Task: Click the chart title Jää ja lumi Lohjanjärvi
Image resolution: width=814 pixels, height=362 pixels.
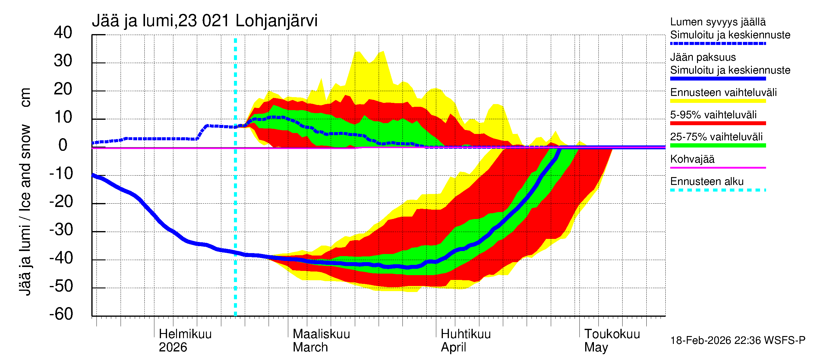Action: (204, 21)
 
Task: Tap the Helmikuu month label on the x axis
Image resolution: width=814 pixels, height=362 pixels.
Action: (185, 334)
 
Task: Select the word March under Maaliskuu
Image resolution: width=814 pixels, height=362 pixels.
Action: (310, 347)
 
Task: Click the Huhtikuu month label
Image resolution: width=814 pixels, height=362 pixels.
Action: (465, 334)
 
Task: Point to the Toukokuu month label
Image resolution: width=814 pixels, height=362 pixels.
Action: (612, 334)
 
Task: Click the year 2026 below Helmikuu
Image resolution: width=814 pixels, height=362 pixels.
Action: (173, 347)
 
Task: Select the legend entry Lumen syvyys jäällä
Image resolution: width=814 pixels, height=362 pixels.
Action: (718, 22)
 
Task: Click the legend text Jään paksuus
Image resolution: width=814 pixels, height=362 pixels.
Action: (703, 57)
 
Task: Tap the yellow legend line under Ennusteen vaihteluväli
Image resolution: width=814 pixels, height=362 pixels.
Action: (718, 101)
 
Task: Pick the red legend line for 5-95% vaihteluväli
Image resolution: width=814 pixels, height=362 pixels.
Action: (718, 123)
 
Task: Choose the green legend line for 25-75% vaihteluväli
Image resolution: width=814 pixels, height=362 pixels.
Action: (718, 145)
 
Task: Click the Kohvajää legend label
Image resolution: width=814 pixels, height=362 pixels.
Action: (692, 159)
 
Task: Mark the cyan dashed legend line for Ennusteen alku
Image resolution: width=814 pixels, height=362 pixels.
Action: (718, 190)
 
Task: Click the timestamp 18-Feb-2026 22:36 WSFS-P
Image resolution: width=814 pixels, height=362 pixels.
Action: (737, 341)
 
